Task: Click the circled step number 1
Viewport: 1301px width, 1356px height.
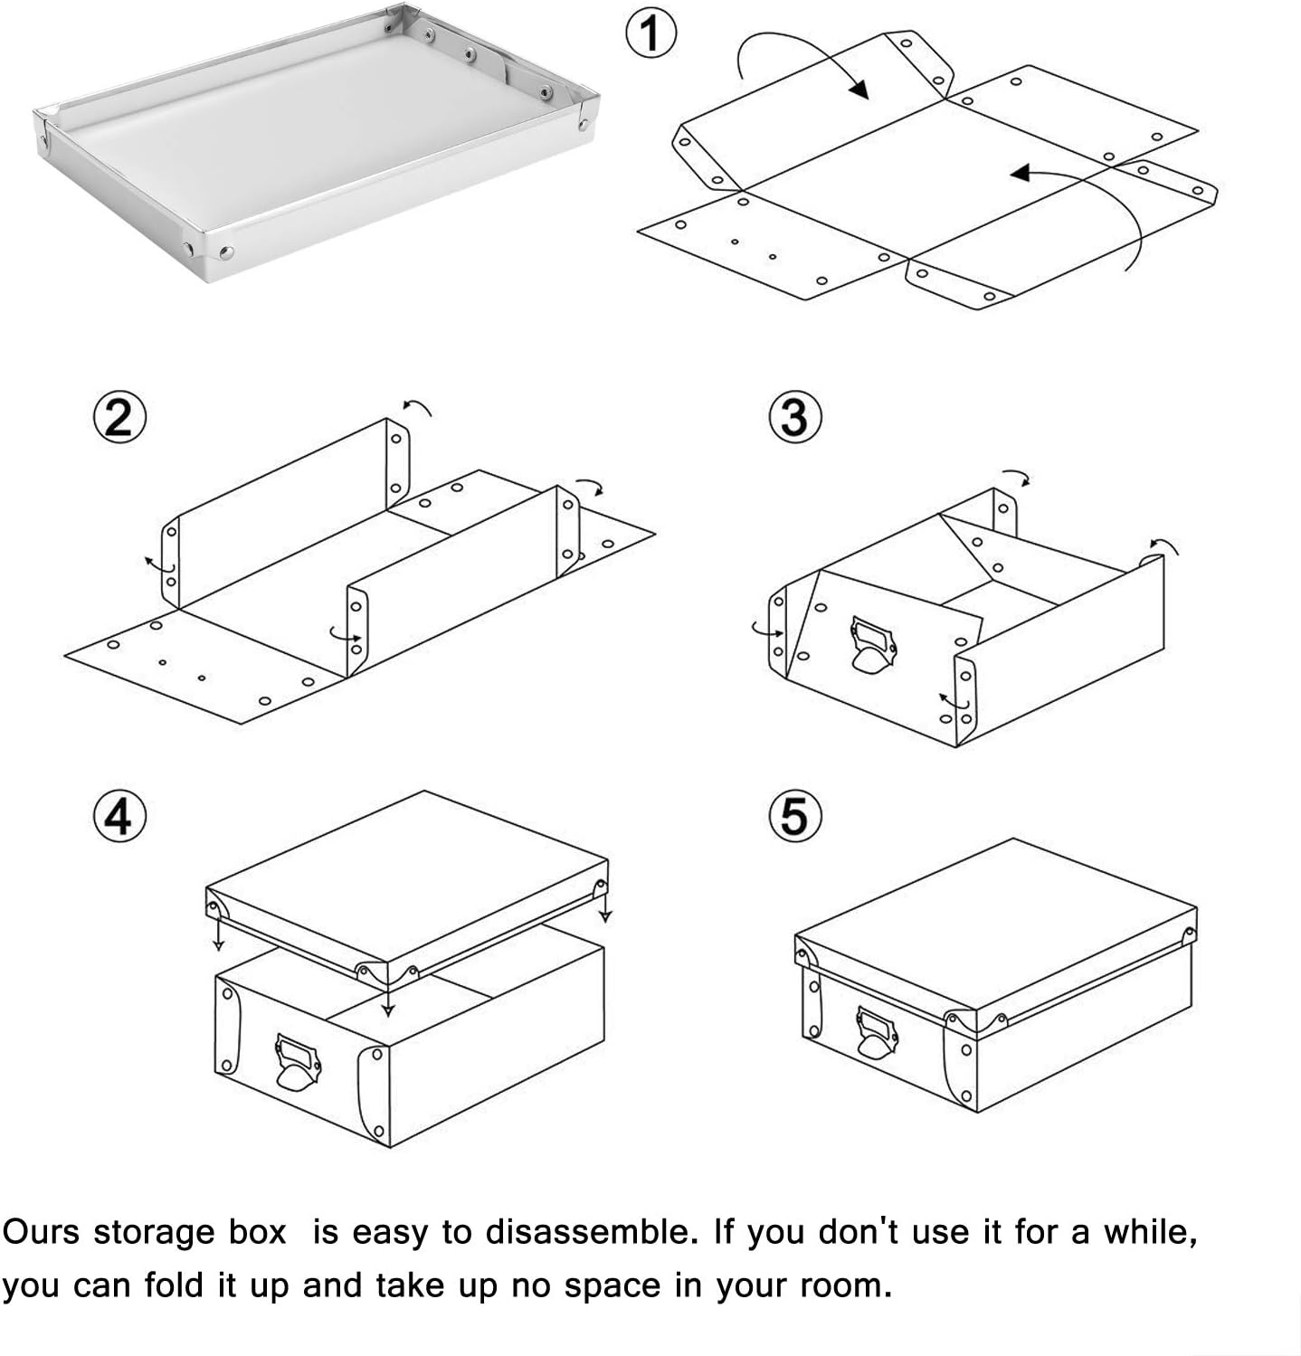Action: (x=649, y=34)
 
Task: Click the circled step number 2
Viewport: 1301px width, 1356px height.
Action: (x=119, y=419)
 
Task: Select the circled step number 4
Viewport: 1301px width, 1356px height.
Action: (x=119, y=817)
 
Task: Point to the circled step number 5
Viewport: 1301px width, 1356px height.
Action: (x=793, y=816)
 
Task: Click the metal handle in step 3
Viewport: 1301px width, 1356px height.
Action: (x=872, y=644)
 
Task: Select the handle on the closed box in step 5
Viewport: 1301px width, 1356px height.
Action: (x=876, y=1034)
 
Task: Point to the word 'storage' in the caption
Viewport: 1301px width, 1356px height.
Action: (x=189, y=1232)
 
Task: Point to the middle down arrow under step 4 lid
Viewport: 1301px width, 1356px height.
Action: (x=387, y=1007)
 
